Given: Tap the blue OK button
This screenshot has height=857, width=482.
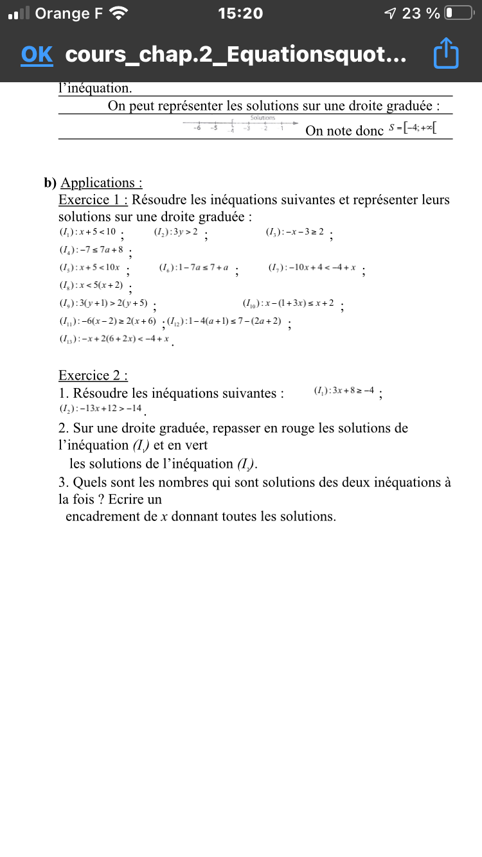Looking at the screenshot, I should tap(37, 55).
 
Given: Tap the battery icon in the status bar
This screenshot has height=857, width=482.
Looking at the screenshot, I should tap(458, 13).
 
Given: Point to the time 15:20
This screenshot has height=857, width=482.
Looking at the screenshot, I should tap(240, 13).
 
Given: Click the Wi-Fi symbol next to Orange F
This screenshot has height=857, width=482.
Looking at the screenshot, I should tap(119, 13).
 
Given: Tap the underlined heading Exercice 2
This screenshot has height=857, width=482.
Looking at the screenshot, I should tap(93, 375).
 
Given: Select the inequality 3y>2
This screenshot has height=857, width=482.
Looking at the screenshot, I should tap(176, 232).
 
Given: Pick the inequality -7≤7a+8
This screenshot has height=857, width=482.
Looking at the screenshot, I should tap(91, 250).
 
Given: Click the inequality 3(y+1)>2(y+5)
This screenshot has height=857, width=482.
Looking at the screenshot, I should tap(103, 303).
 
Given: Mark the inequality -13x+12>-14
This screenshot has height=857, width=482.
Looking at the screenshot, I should tap(100, 409).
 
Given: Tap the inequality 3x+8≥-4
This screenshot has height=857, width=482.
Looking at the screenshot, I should tap(344, 391).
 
